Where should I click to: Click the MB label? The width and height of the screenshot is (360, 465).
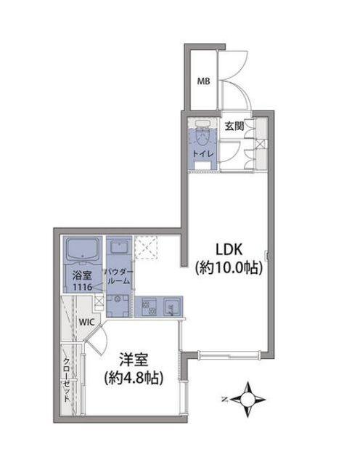(204, 81)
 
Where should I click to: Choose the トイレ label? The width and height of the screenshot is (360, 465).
(202, 154)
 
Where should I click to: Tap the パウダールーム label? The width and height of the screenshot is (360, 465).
(118, 275)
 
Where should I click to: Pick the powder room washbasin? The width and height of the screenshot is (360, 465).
(118, 249)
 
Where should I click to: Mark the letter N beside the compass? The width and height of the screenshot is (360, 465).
(225, 399)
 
